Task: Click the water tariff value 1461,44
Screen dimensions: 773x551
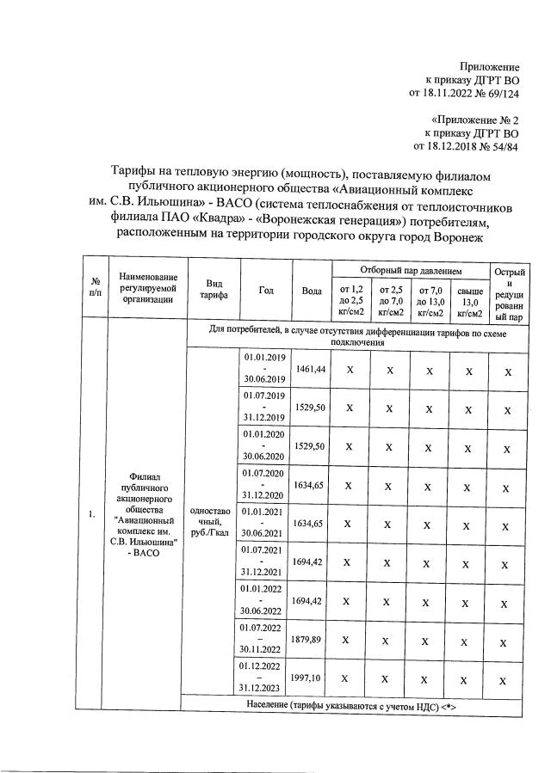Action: pos(310,369)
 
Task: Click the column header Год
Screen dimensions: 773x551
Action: pos(267,290)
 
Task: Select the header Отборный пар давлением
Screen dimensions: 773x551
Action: pos(411,270)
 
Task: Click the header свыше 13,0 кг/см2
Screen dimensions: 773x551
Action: pos(469,300)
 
